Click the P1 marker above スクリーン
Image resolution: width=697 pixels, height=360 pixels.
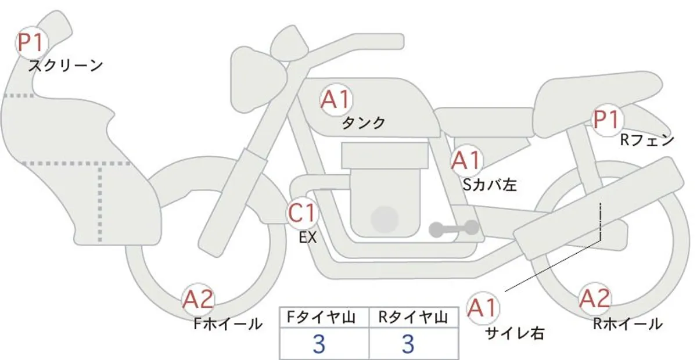click(x=31, y=42)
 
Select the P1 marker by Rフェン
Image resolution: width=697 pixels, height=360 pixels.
click(x=608, y=120)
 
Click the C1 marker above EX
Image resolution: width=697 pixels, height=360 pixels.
click(x=303, y=213)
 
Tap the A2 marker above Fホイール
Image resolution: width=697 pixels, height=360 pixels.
click(x=198, y=299)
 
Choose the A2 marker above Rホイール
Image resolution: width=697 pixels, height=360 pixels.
click(x=595, y=298)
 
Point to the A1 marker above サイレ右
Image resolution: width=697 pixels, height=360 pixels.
click(x=482, y=308)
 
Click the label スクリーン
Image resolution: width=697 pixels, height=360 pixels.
click(x=66, y=66)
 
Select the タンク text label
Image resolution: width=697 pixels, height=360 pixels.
click(x=364, y=123)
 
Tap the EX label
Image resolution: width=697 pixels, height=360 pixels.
click(x=308, y=237)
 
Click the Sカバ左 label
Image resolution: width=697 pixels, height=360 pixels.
click(x=490, y=185)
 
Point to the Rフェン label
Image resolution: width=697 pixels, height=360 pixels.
click(x=647, y=140)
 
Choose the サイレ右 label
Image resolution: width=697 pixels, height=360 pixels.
click(x=515, y=333)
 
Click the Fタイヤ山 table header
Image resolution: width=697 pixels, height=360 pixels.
click(x=321, y=318)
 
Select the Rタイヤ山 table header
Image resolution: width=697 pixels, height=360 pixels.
click(x=413, y=318)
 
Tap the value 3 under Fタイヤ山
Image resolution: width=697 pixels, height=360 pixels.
click(x=319, y=344)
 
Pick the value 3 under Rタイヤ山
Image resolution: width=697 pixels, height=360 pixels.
click(x=408, y=344)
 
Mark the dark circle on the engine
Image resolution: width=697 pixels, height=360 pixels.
click(x=385, y=219)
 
